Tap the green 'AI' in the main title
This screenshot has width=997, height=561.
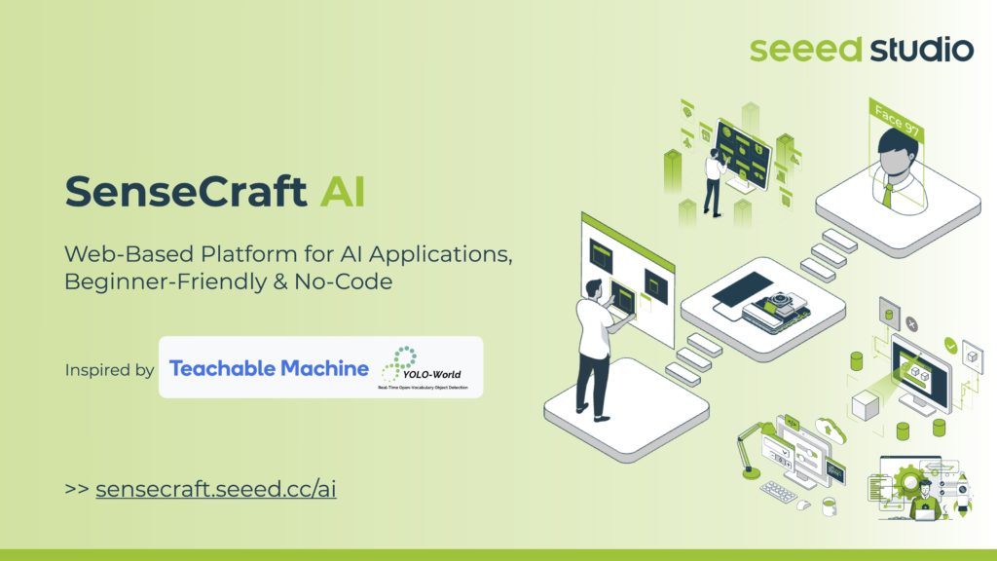(x=343, y=192)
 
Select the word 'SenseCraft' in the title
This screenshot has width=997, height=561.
(x=185, y=192)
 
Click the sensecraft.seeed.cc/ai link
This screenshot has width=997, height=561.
(x=216, y=489)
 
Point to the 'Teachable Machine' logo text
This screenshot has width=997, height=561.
(x=269, y=368)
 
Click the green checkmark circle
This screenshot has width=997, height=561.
(x=949, y=345)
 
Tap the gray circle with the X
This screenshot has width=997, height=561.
(x=911, y=323)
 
